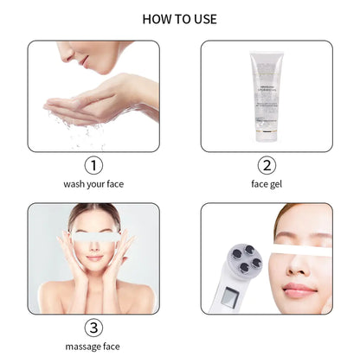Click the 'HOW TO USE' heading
pos(179,18)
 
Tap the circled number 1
pos(93,165)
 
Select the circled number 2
pos(266,165)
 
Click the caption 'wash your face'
pos(93,184)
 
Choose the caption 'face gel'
pos(266,184)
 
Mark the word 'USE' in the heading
pos(204,18)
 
